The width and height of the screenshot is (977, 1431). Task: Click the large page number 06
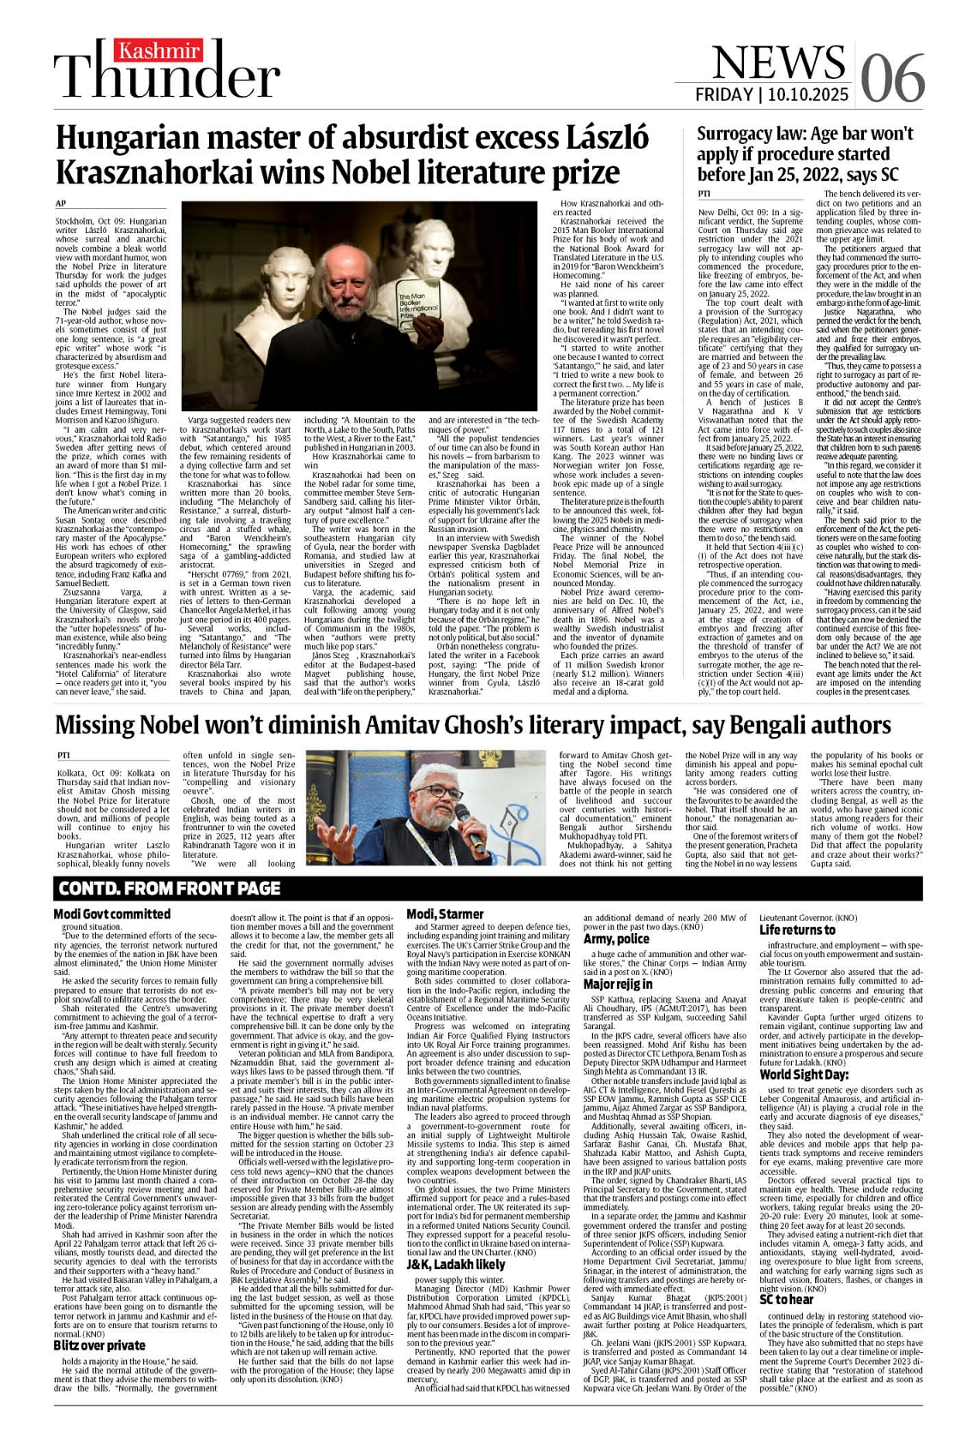click(892, 77)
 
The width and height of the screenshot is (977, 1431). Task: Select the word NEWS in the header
click(778, 61)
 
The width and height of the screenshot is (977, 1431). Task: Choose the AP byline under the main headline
click(60, 203)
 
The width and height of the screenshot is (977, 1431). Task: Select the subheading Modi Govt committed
click(112, 914)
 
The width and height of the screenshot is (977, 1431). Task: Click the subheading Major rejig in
click(618, 984)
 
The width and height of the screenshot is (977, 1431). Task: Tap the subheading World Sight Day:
click(804, 1075)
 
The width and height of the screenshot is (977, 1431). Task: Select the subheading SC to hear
click(786, 1299)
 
